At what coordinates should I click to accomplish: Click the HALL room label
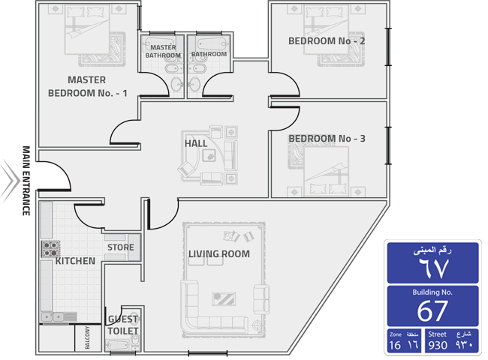click(x=196, y=144)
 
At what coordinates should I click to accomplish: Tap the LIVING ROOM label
click(x=219, y=254)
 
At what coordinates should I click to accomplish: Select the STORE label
click(x=121, y=247)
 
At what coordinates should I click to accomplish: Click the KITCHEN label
click(x=75, y=261)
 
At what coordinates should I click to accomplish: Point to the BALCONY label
click(x=87, y=337)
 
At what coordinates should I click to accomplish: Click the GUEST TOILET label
click(x=123, y=325)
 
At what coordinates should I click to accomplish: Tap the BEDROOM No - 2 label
click(x=327, y=41)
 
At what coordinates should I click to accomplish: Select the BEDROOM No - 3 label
click(x=327, y=139)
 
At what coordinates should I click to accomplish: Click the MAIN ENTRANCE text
click(x=26, y=181)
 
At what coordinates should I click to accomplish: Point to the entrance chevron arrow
click(x=11, y=180)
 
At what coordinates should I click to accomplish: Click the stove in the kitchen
click(x=50, y=249)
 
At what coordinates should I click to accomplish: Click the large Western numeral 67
click(x=433, y=311)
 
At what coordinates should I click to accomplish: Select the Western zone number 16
click(x=395, y=345)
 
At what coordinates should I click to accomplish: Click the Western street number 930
click(x=438, y=345)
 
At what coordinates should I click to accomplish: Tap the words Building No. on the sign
click(x=432, y=292)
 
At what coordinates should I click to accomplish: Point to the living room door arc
click(x=170, y=220)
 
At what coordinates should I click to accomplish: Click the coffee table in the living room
click(x=224, y=299)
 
